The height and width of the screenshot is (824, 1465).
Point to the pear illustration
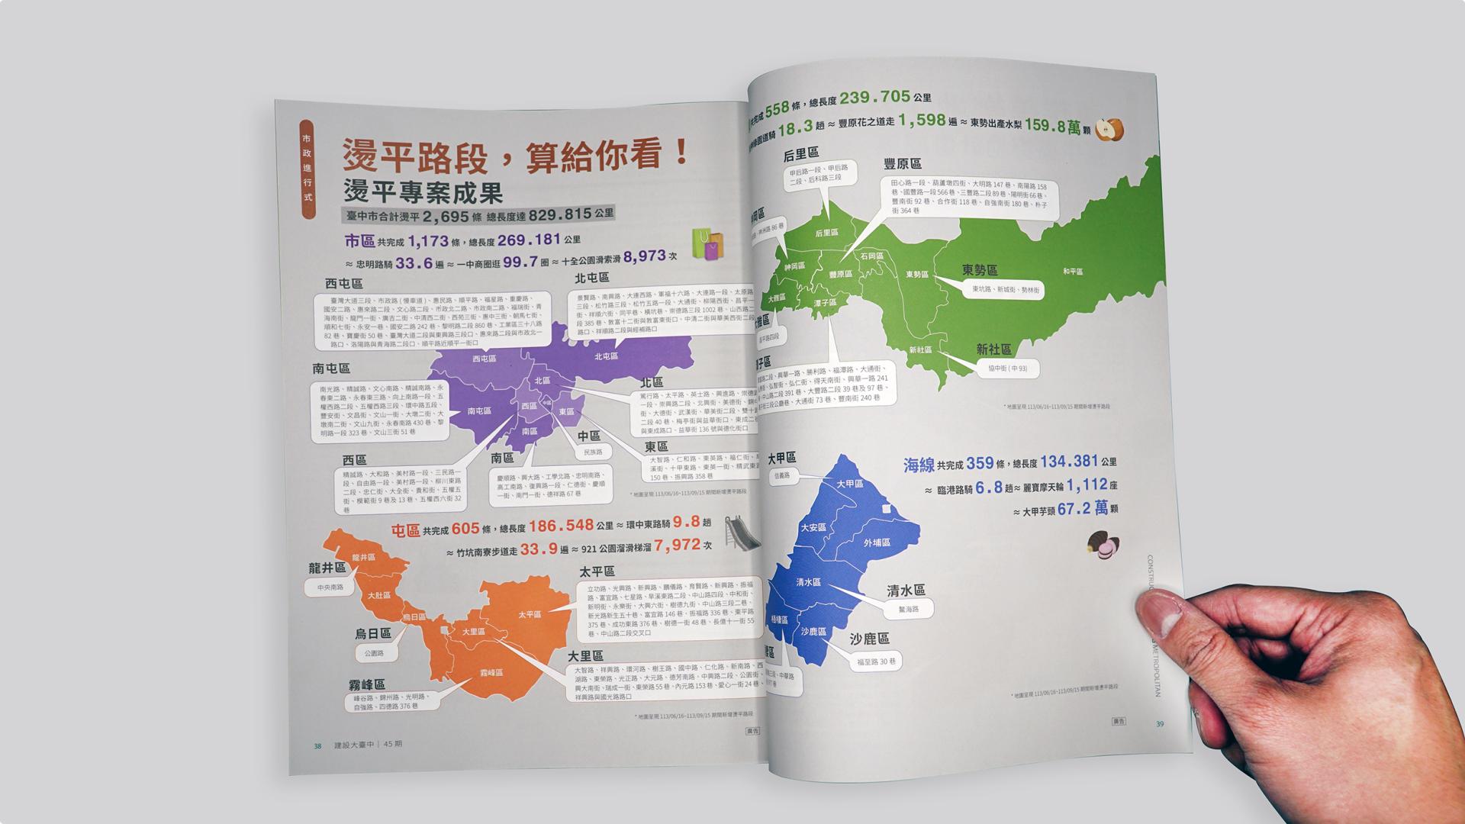tap(1109, 130)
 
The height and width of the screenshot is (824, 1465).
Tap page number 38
tap(317, 745)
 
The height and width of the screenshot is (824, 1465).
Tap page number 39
tap(1160, 724)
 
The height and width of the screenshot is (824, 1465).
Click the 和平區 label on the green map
tap(1072, 271)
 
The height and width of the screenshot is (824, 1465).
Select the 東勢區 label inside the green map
tap(916, 273)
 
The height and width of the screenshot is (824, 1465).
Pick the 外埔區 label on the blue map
tap(877, 542)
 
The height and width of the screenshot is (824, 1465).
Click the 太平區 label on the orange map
tap(529, 614)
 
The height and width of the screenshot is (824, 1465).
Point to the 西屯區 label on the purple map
tap(484, 358)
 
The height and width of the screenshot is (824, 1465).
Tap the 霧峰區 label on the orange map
tap(491, 672)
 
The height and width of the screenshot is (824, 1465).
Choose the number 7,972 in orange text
tap(676, 545)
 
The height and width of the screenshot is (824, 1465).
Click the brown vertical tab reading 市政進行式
tap(307, 169)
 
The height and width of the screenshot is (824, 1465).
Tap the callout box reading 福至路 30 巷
tap(876, 661)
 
